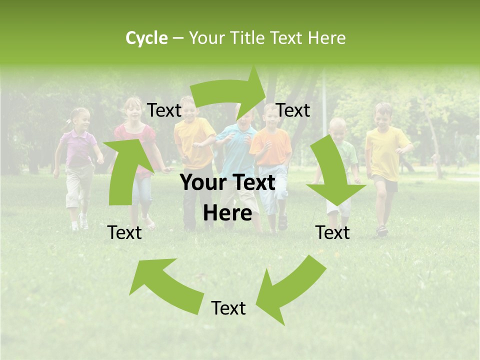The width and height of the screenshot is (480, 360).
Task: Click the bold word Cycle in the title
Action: (146, 38)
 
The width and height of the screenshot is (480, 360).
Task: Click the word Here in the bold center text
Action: (227, 213)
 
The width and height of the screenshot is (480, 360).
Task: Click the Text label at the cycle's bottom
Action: (228, 308)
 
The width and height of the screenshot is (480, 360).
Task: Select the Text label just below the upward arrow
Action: (125, 232)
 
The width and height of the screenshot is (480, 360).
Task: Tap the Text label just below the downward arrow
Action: (333, 232)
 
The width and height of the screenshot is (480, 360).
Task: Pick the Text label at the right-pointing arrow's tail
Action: (164, 110)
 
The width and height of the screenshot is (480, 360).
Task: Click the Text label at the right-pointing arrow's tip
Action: (293, 110)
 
